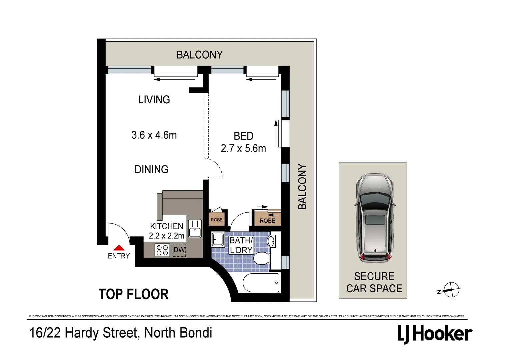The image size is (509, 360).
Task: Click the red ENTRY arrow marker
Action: point(119,248)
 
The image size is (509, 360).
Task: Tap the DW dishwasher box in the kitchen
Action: point(179,250)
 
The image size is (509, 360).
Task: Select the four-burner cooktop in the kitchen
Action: point(162,250)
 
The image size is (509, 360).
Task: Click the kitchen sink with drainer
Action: point(195,228)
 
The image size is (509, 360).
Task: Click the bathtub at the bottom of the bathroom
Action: point(261,283)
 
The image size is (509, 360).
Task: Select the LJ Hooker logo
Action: point(435,334)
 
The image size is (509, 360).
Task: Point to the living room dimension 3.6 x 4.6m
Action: point(154,135)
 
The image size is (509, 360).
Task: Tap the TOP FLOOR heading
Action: point(134,294)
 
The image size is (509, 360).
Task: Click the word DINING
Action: point(151,169)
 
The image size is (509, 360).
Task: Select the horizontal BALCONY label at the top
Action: point(199,55)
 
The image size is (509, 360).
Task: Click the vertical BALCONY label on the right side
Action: point(302,187)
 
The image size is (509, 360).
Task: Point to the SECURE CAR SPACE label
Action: point(374,282)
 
